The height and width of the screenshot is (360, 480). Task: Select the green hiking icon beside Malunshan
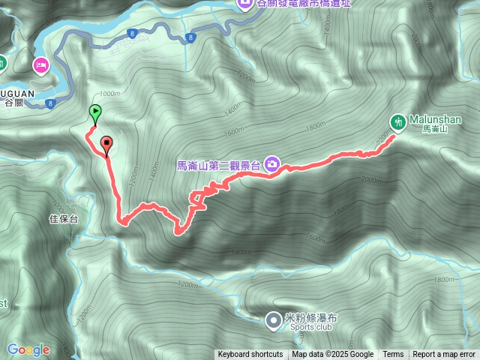coord(398,121)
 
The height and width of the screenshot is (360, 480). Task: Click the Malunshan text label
coord(436,119)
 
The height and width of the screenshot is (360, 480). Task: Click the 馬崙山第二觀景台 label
coord(218,165)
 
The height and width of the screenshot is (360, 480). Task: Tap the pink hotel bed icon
coord(40,65)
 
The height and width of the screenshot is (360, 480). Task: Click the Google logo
coord(28,349)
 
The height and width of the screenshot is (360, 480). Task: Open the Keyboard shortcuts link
coord(250,355)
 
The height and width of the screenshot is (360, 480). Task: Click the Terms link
coord(393,355)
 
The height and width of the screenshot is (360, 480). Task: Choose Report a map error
coord(444,355)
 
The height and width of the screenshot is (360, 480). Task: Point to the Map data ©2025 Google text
coord(333,355)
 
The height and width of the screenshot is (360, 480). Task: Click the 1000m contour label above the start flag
coord(109,94)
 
